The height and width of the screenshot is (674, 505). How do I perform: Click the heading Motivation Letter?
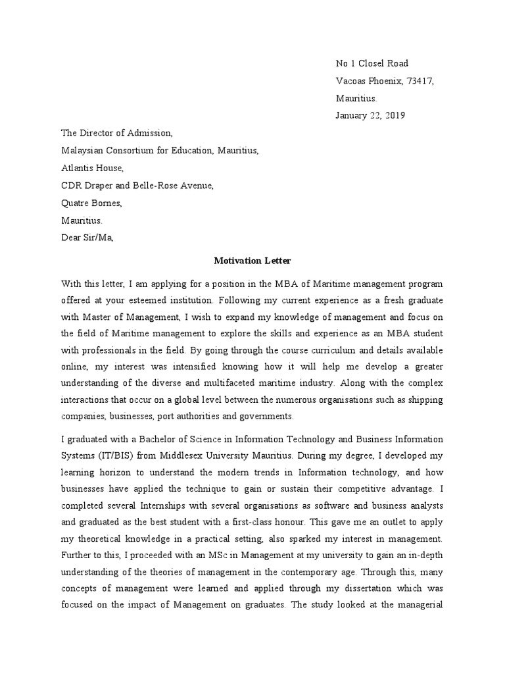[252, 261]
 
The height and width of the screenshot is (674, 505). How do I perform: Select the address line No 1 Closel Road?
[372, 64]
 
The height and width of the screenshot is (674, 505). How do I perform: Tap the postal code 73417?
[420, 81]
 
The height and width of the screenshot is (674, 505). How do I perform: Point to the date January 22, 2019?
[371, 116]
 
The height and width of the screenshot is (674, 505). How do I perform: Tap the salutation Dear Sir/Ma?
[87, 238]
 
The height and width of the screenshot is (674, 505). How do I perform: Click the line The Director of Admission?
[117, 134]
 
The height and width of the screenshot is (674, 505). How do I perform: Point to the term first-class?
[279, 521]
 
